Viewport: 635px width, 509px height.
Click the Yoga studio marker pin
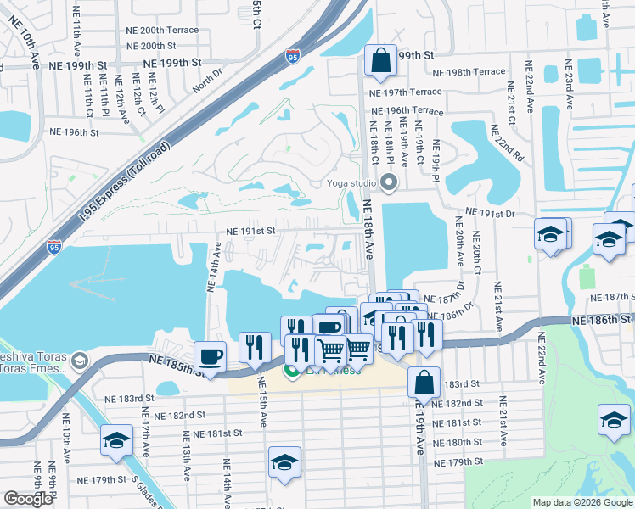click(x=390, y=182)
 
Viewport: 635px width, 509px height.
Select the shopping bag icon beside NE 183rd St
click(x=424, y=382)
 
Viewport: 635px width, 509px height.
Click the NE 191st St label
click(x=250, y=230)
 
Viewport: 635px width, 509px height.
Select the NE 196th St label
click(x=75, y=132)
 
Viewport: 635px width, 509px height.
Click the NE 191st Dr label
click(x=492, y=215)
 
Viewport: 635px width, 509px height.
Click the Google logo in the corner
click(x=28, y=499)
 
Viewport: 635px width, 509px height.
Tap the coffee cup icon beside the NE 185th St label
click(x=210, y=355)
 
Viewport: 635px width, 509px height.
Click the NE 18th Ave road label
click(x=368, y=229)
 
